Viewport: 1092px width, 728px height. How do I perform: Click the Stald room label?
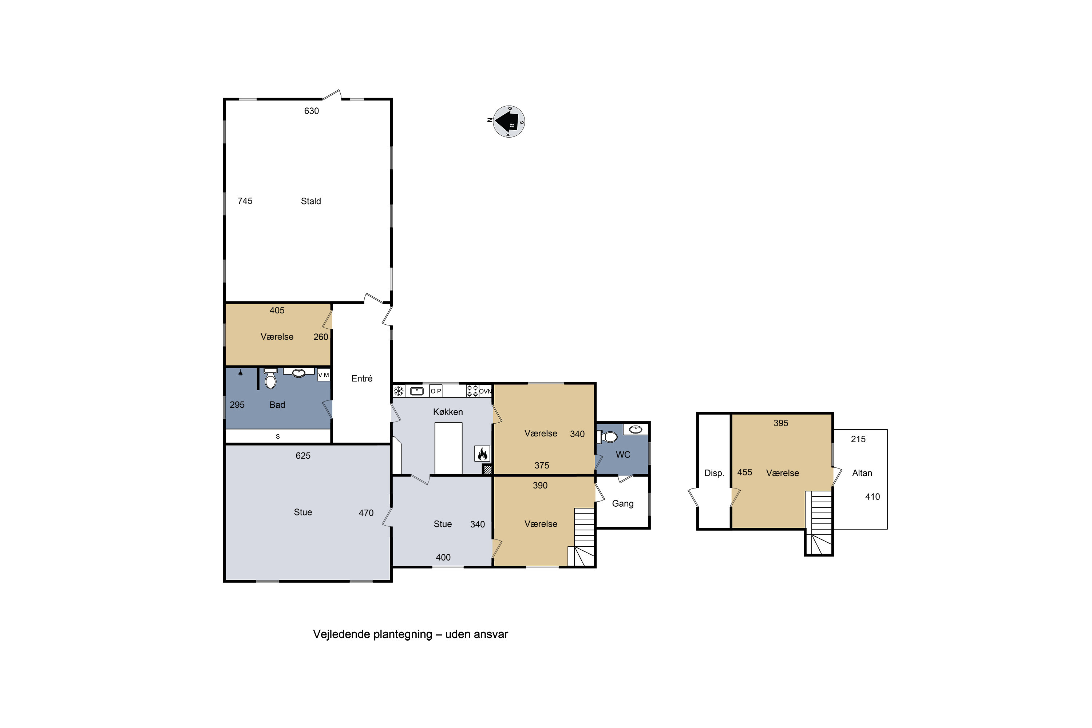[310, 201]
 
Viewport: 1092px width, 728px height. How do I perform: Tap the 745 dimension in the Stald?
[245, 201]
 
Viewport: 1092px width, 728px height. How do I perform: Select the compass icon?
[509, 122]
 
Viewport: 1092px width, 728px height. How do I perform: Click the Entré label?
[362, 379]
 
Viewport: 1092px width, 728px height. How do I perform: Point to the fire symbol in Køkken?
[482, 454]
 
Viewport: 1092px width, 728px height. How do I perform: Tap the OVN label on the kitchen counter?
[485, 391]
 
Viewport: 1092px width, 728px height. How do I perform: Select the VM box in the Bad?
[323, 375]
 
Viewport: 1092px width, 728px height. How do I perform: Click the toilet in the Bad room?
[270, 380]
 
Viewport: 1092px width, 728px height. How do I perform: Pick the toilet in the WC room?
[609, 437]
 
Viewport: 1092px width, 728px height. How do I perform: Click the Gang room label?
[622, 503]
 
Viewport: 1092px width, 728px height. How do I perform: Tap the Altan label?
[862, 473]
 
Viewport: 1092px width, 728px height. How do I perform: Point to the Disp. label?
[714, 473]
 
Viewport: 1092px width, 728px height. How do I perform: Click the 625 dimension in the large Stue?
[303, 455]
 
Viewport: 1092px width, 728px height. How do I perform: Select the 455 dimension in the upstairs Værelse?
[744, 472]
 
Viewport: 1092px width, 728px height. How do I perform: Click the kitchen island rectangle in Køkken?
[448, 448]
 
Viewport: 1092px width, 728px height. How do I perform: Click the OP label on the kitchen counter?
[435, 391]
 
